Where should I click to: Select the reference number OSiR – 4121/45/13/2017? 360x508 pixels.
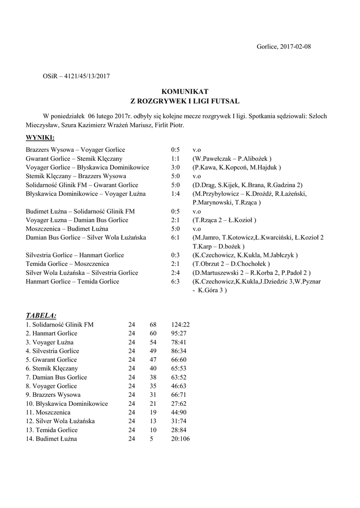point(76,76)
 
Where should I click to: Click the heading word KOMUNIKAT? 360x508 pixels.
point(181,92)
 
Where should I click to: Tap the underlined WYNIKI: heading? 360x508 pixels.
point(40,137)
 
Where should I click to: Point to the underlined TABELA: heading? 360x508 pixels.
point(41,315)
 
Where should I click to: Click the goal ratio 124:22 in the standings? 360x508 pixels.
point(180,324)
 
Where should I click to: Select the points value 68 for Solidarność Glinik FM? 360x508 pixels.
point(153,324)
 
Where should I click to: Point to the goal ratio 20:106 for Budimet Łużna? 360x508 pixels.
point(180,439)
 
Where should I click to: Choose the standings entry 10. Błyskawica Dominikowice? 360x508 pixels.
point(67,404)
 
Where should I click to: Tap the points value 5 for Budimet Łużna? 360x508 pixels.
point(151,439)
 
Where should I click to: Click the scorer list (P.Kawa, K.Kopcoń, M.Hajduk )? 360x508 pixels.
point(237,168)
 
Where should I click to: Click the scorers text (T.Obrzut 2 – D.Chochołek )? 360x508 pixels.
point(231,264)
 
